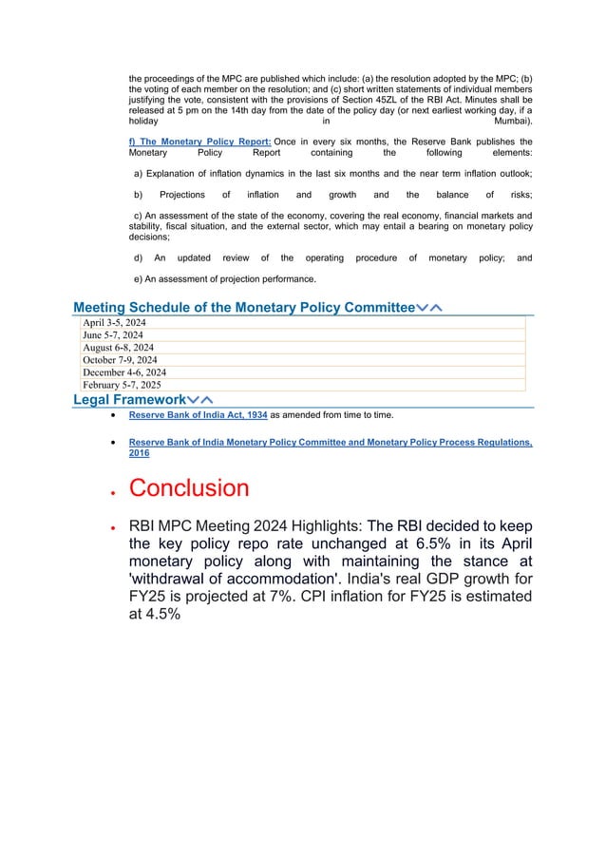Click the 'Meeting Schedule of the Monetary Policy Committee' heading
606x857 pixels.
coord(244,307)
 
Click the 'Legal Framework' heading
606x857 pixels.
coord(130,400)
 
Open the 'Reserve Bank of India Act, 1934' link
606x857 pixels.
coord(199,415)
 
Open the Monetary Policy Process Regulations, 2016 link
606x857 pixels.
coord(330,443)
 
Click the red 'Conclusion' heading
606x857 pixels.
coord(189,488)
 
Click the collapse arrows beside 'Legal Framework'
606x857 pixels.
coord(200,400)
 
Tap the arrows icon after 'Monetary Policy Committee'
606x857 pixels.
coord(433,307)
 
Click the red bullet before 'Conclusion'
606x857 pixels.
coord(114,491)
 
